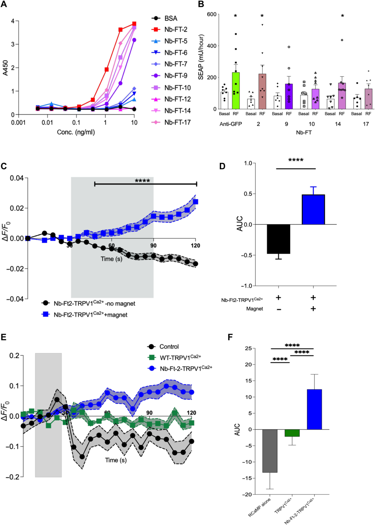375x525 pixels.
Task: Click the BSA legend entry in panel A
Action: [x=171, y=18]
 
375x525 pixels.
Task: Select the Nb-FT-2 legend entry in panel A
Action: [x=175, y=29]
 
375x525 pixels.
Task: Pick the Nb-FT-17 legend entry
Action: [x=177, y=122]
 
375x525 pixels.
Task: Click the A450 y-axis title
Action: [x=5, y=68]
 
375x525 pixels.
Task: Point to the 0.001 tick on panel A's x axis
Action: [x=18, y=123]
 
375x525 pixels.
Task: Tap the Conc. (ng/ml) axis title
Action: [x=76, y=132]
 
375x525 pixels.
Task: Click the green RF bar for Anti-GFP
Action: [x=235, y=90]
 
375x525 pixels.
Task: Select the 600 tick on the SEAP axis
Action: [x=212, y=14]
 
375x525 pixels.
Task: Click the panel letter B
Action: [x=201, y=4]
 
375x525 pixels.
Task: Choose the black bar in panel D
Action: [x=279, y=239]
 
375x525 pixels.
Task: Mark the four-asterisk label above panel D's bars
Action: [x=296, y=160]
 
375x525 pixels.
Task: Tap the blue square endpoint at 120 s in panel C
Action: [x=195, y=202]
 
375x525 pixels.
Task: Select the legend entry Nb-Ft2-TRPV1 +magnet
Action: [x=90, y=315]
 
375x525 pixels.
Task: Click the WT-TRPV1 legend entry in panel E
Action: [x=180, y=357]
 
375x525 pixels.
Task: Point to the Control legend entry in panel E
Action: [x=169, y=346]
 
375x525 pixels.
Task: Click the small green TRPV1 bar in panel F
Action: [x=292, y=433]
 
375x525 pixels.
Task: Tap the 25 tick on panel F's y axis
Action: [x=248, y=348]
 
